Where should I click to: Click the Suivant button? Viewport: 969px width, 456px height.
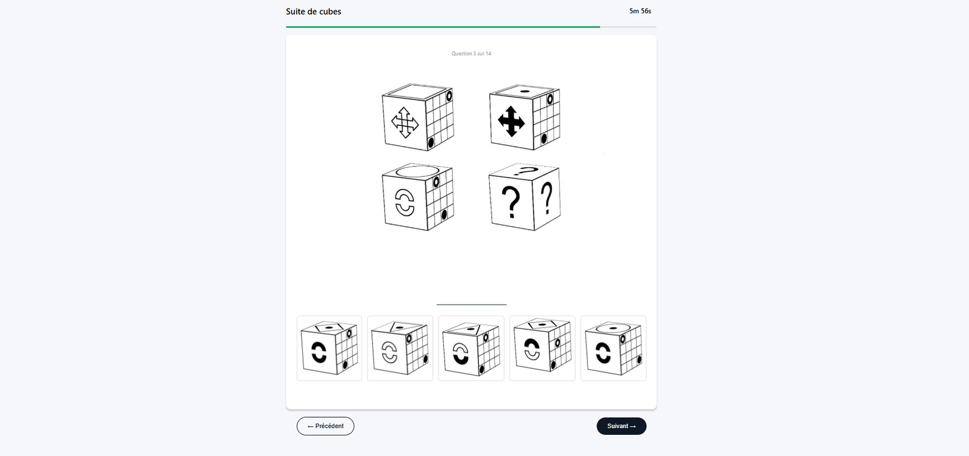(x=621, y=426)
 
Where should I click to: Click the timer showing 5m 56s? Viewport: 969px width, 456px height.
(x=640, y=12)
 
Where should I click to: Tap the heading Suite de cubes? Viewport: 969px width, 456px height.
(x=313, y=12)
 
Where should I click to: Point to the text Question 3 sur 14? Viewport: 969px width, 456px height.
(x=471, y=54)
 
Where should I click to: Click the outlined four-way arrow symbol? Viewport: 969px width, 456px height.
(x=405, y=123)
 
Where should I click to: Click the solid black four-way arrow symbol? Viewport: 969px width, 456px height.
(x=511, y=122)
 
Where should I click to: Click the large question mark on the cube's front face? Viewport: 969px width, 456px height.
(x=511, y=202)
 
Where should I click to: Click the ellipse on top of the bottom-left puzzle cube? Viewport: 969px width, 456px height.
(x=417, y=171)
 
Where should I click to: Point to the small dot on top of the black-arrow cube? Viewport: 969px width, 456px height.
(x=524, y=91)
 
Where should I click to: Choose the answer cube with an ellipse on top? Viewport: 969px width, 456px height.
(x=613, y=348)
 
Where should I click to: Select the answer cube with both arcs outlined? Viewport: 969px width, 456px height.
(x=400, y=348)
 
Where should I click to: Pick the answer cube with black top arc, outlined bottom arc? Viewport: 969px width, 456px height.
(x=543, y=348)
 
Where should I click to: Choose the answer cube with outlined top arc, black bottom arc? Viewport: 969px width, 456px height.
(x=471, y=348)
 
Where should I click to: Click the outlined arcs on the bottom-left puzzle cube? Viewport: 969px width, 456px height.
(x=405, y=202)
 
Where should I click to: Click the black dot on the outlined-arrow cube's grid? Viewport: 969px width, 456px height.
(x=431, y=142)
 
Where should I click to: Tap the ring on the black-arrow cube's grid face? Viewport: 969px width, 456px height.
(x=550, y=99)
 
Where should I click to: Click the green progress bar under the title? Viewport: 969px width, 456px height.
(x=443, y=27)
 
